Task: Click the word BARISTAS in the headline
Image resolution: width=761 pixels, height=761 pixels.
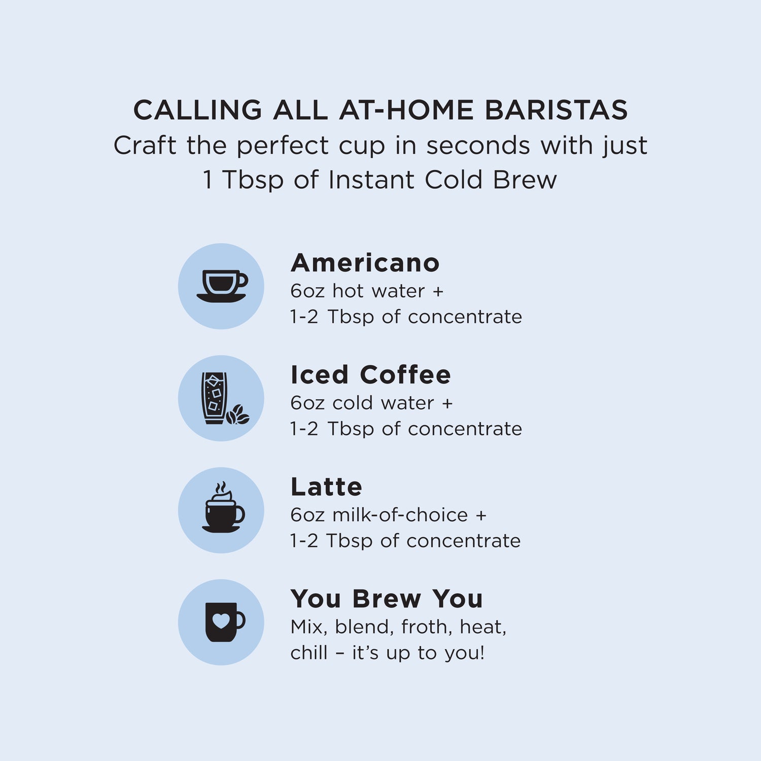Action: point(556,110)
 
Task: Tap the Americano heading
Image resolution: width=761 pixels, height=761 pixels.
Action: point(365,263)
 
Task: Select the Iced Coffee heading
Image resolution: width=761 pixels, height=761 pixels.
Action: point(370,375)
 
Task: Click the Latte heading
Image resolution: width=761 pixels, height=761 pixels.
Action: point(326,487)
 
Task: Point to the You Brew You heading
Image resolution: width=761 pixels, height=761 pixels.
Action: point(386,599)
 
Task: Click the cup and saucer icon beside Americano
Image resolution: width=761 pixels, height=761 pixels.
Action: point(222,286)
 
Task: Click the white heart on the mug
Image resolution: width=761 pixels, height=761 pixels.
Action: point(221,620)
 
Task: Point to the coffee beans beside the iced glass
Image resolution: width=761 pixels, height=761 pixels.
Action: point(238,414)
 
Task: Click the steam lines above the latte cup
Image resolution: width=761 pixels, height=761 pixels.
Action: point(221,488)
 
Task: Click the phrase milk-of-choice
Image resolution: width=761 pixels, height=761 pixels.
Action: point(400,515)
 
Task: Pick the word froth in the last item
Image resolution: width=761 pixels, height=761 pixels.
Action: point(426,627)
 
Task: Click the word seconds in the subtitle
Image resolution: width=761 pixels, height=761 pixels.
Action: point(478,146)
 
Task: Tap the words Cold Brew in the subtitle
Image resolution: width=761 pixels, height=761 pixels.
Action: point(491,180)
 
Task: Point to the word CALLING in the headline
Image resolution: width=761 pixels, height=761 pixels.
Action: point(197,110)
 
